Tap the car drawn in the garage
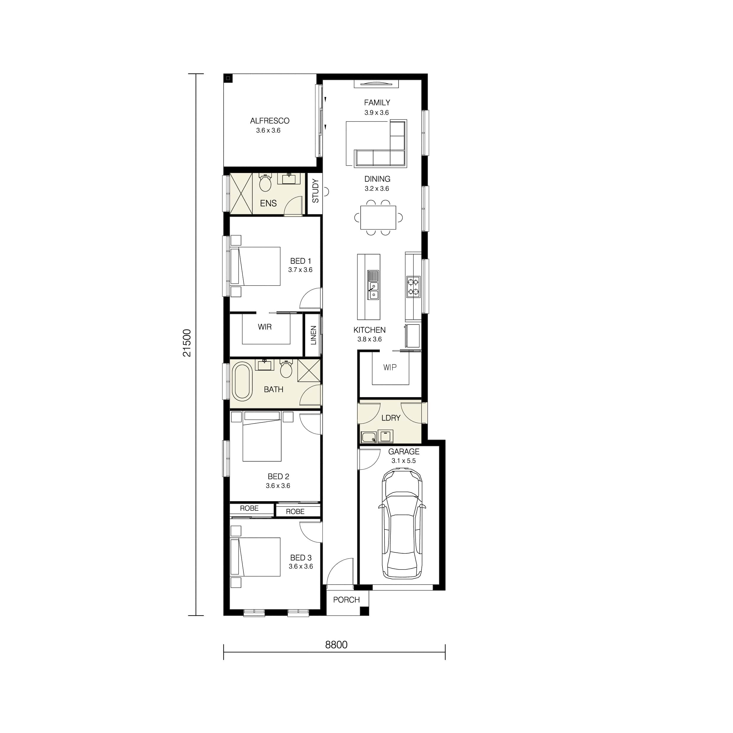click(402, 523)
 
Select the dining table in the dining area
click(378, 218)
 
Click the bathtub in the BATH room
click(242, 381)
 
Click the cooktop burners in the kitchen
click(413, 287)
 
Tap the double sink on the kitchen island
click(373, 290)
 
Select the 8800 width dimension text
click(336, 645)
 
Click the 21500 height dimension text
click(187, 343)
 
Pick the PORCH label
click(346, 600)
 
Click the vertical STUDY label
click(315, 191)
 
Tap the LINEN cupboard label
click(313, 335)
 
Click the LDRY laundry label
click(391, 418)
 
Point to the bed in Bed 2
click(262, 436)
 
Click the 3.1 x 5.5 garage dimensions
click(403, 460)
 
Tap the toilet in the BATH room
click(286, 368)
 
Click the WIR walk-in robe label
click(265, 327)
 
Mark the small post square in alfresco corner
click(228, 78)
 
